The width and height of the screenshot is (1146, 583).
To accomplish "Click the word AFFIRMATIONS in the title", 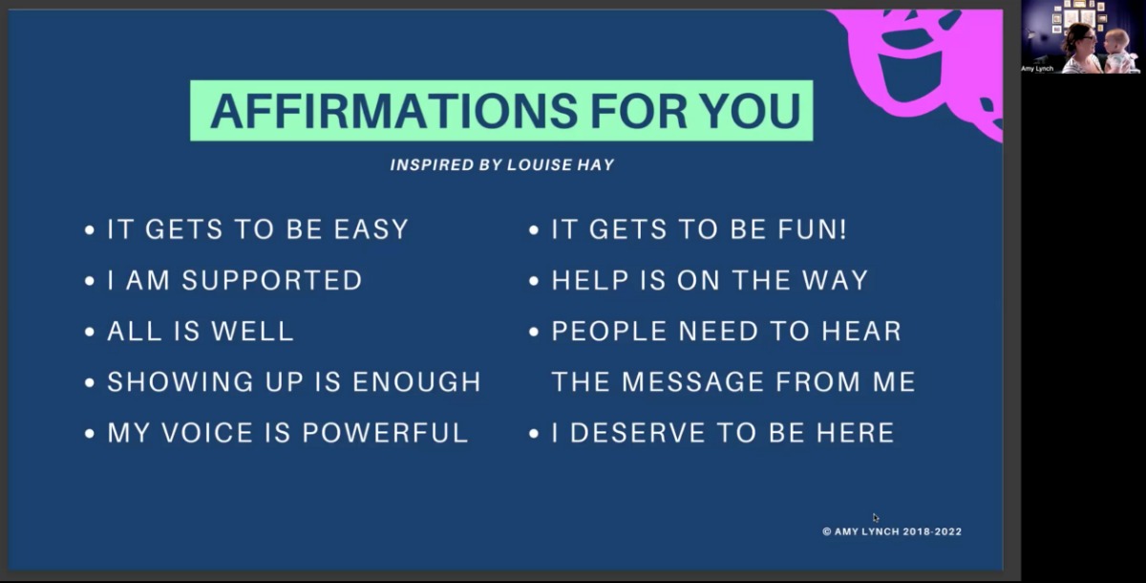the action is pos(393,111).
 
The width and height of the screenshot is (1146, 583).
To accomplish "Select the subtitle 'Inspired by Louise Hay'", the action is pos(502,164).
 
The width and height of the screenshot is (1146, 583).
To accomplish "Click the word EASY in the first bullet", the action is pos(371,228).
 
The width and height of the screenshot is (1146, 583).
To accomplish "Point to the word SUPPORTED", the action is pos(272,280).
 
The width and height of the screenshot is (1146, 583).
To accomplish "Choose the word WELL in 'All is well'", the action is pos(253,331).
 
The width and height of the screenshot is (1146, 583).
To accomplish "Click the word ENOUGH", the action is pos(417,381).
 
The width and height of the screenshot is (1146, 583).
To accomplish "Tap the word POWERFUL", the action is pos(385,433).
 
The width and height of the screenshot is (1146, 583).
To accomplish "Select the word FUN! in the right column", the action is pos(813,228).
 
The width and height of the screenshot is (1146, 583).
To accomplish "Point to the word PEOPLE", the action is pos(609,331).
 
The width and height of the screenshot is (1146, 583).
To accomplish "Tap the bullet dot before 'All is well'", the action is pos(90,333).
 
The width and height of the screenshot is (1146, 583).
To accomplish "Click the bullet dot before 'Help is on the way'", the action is pos(534,281).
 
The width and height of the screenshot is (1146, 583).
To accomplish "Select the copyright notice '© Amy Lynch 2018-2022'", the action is pos(892,531).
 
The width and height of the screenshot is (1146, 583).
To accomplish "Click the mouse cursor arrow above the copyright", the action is pos(876,517).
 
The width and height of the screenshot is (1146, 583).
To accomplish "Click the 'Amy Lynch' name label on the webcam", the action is pos(1037,69).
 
